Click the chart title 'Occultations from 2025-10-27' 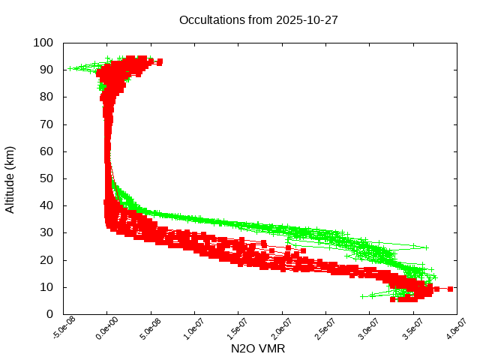pos(258,20)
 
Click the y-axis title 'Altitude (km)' pos(10,178)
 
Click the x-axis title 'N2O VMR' pos(258,349)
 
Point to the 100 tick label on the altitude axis pos(43,43)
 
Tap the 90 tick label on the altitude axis pos(46,70)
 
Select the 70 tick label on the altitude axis pos(46,124)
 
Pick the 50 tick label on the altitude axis pos(46,178)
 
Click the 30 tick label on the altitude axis pos(46,232)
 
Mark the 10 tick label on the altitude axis pos(46,287)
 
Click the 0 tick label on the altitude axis pos(49,314)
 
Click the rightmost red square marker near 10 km pos(450,289)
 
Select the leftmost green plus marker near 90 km pos(70,69)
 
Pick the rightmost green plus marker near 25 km pos(426,247)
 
